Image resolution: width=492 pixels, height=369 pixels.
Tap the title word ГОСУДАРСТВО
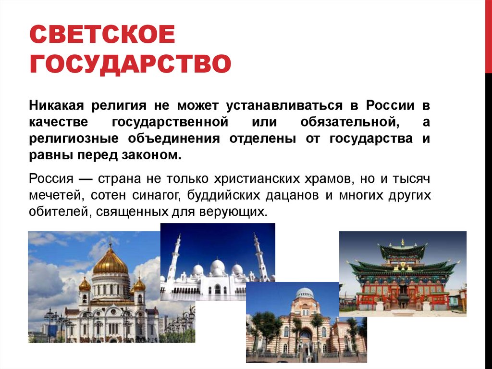tap(130, 65)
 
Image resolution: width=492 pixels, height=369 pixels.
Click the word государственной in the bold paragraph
tap(170, 122)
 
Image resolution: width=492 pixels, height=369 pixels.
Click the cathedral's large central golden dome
tap(110, 262)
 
